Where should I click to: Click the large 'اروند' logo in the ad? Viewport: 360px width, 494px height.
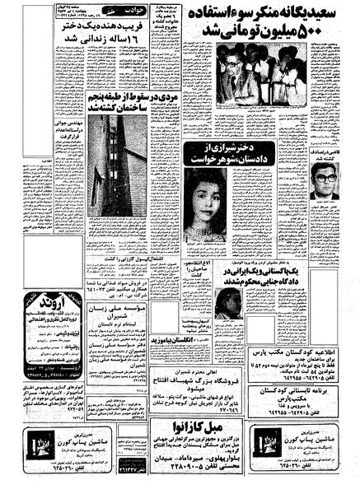click(x=40, y=301)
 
